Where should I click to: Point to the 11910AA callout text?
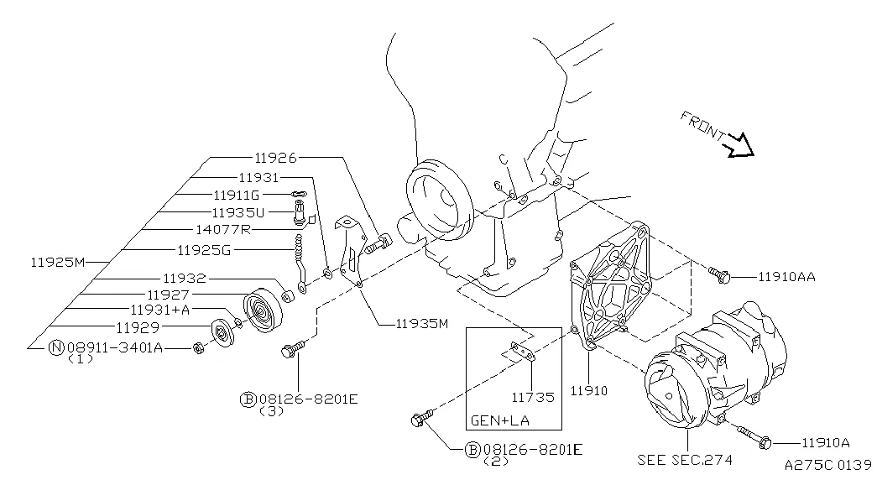tap(786, 275)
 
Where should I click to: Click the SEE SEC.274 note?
tap(685, 460)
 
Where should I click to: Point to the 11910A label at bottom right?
tap(826, 442)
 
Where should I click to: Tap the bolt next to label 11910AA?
tap(718, 274)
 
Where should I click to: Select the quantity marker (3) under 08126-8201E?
tap(272, 412)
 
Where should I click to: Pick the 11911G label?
tap(237, 195)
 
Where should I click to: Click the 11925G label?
tap(203, 249)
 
